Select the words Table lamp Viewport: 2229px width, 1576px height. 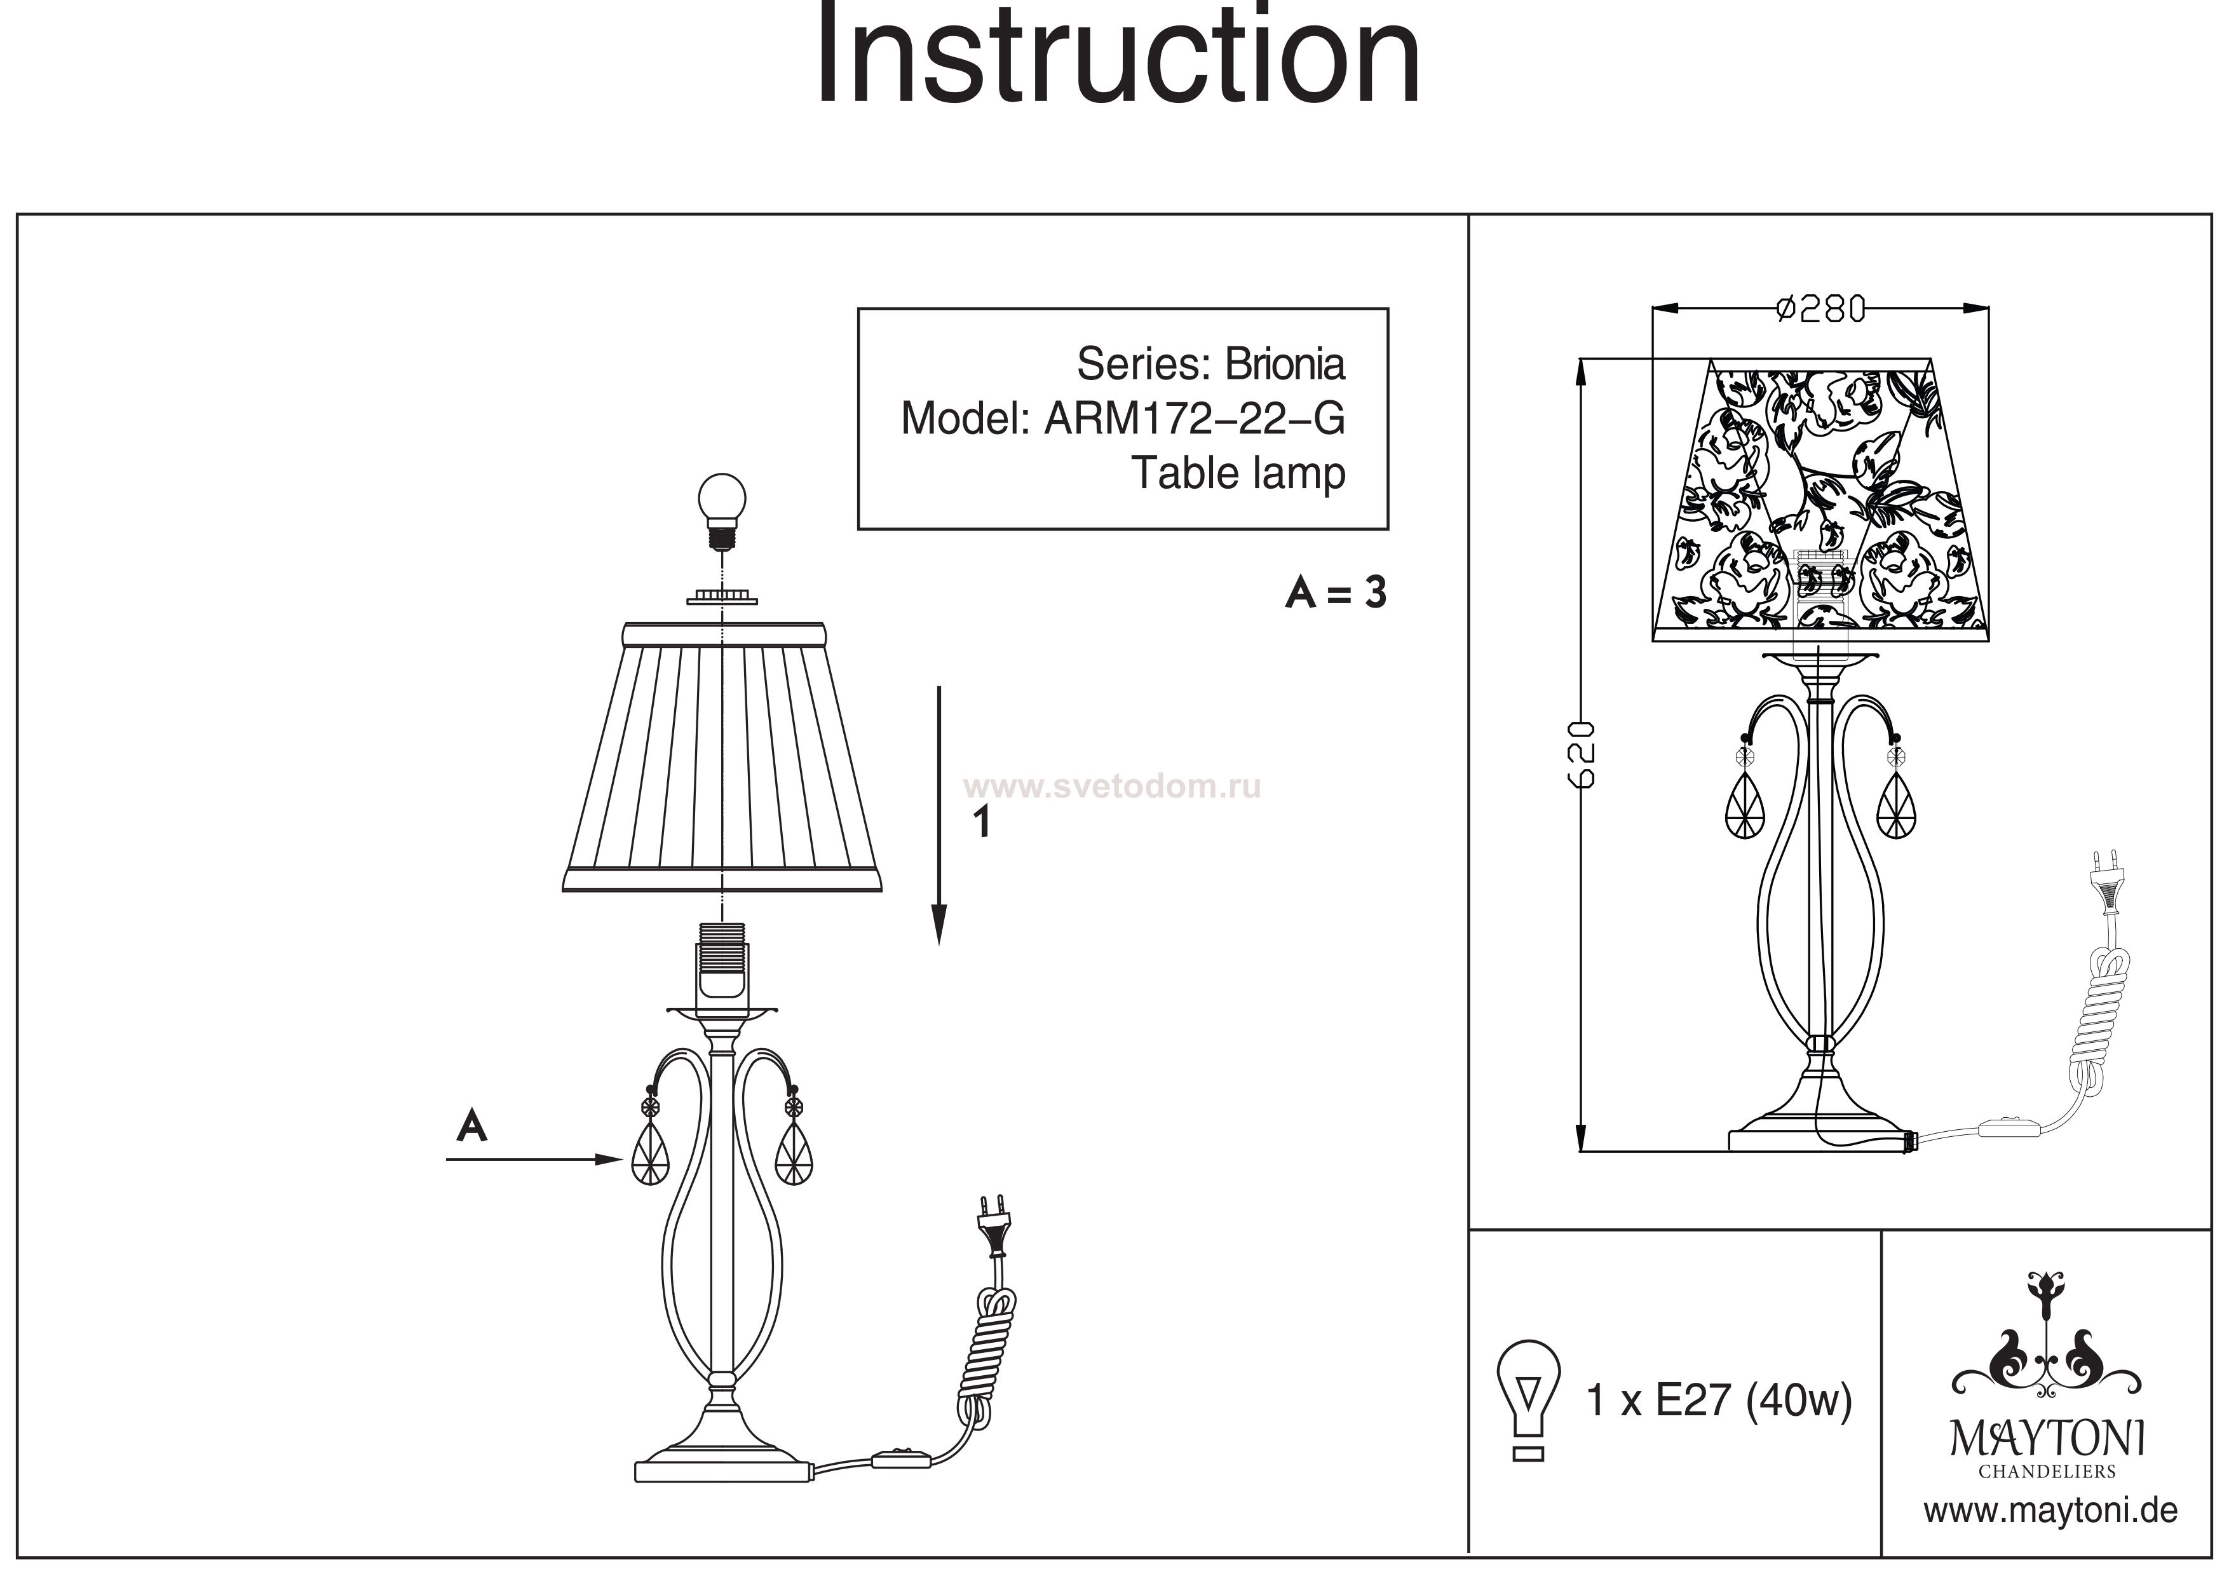[1239, 474]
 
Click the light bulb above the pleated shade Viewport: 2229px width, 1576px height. [722, 510]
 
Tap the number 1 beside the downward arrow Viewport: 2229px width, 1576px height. [982, 822]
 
